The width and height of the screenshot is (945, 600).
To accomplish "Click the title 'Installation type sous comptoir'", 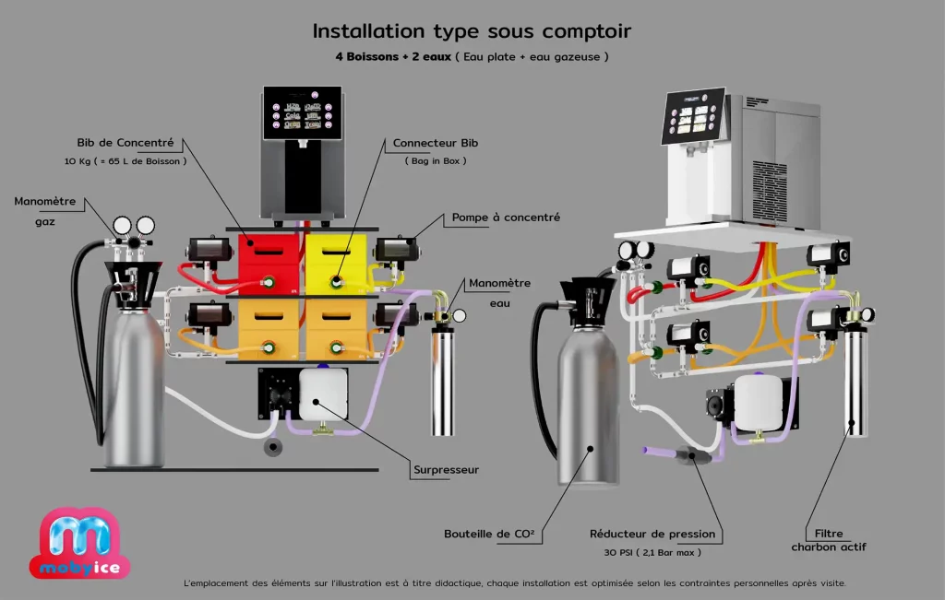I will (x=472, y=31).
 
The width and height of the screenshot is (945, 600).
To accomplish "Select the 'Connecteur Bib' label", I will (x=436, y=143).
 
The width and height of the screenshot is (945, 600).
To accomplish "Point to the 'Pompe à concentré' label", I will (x=506, y=218).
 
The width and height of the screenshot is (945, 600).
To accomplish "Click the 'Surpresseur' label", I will (x=446, y=470).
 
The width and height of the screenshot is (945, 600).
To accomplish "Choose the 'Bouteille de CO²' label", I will (x=489, y=534).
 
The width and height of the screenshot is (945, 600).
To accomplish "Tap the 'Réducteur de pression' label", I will (x=652, y=534).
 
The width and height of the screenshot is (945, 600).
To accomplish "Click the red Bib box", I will (x=269, y=263).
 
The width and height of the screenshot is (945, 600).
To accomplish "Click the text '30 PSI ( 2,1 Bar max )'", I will (x=652, y=552).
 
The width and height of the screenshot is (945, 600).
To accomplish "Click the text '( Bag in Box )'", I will (x=436, y=161).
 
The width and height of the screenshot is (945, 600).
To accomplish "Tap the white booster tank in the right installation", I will (x=760, y=402).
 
